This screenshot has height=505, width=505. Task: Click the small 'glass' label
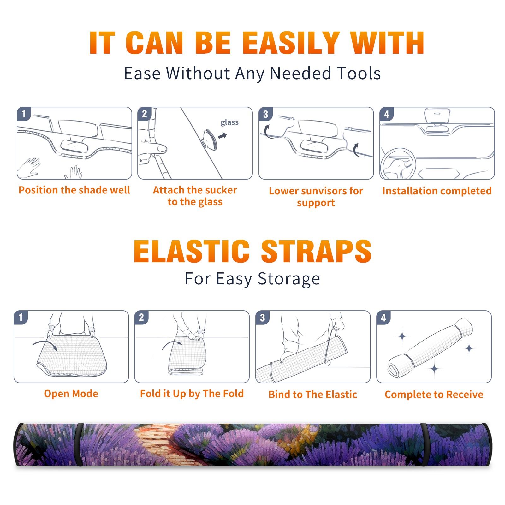[229, 122]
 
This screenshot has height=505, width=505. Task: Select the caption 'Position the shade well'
[74, 190]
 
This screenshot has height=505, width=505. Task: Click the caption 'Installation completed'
[437, 191]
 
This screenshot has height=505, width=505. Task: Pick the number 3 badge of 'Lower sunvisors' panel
[265, 114]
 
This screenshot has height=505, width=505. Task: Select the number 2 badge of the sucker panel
[144, 114]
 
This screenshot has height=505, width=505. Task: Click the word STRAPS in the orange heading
[316, 251]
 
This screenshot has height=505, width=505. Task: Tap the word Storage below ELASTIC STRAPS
[289, 279]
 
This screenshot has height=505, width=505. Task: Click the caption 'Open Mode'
[71, 394]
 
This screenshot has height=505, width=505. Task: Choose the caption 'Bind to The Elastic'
[312, 395]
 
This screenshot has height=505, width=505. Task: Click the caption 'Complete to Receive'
[434, 395]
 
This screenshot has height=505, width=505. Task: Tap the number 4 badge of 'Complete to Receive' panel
[383, 318]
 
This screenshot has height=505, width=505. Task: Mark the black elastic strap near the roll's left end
[79, 444]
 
